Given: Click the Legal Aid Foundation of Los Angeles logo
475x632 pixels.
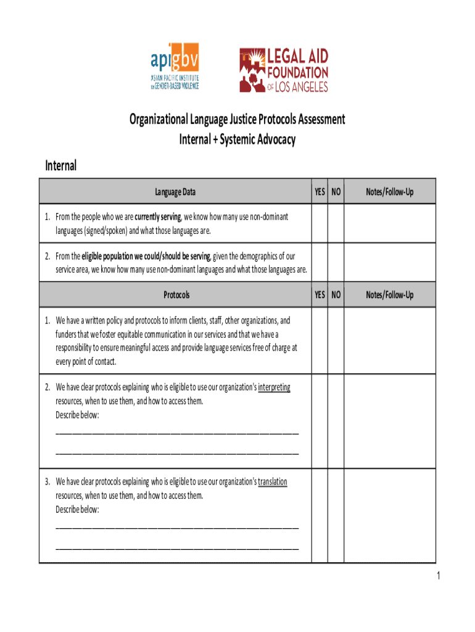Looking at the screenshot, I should point(284,70).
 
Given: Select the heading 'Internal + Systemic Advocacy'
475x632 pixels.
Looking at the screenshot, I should point(237,139).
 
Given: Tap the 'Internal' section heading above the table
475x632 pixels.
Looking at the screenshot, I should point(61,165).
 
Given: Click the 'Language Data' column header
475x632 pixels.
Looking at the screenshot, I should point(175,192).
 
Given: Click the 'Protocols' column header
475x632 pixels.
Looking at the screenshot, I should point(176,295).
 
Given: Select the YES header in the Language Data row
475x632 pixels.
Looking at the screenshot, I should point(320,192).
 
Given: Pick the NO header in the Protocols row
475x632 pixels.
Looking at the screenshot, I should point(336,295).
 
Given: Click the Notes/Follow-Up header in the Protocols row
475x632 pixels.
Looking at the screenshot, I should point(389,295).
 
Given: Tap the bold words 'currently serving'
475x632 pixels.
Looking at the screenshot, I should point(158,217).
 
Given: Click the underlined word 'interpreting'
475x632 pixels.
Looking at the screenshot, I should point(274,388).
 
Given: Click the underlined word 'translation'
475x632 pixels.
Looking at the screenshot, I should point(272,482).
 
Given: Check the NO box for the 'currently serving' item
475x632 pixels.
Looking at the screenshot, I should point(336,223).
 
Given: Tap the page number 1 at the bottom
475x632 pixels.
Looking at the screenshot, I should point(437,576).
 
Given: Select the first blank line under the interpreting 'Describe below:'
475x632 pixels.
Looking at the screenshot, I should point(177,432).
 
